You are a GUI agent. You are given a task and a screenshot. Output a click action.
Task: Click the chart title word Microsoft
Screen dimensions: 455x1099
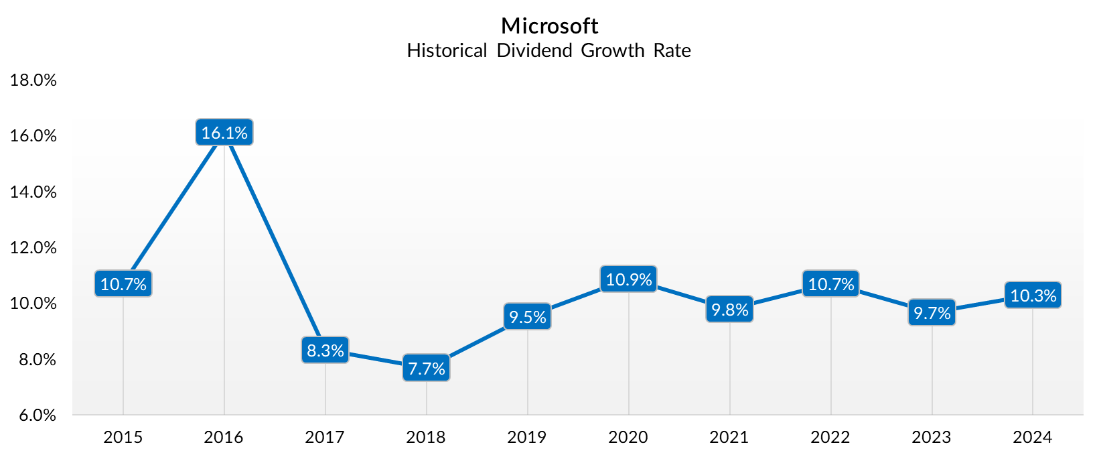pyautogui.click(x=549, y=26)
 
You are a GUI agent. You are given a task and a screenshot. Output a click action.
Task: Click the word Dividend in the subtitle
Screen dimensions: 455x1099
pyautogui.click(x=534, y=51)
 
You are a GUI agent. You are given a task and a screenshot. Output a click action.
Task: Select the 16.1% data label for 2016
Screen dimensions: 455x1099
pyautogui.click(x=224, y=133)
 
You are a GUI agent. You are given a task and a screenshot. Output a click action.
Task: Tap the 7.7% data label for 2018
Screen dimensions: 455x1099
pyautogui.click(x=427, y=369)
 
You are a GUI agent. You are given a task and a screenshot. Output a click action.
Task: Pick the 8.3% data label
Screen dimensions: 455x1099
pyautogui.click(x=325, y=350)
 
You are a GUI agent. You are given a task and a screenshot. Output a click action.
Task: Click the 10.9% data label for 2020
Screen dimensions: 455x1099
pyautogui.click(x=628, y=279)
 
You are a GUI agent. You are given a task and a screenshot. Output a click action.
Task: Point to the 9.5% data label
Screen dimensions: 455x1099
pyautogui.click(x=528, y=317)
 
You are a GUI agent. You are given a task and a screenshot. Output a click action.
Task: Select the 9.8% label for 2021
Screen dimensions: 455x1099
pyautogui.click(x=729, y=310)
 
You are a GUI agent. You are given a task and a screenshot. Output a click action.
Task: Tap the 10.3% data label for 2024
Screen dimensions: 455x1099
pyautogui.click(x=1033, y=296)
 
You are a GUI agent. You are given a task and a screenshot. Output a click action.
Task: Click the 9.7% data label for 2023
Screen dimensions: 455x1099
pyautogui.click(x=932, y=313)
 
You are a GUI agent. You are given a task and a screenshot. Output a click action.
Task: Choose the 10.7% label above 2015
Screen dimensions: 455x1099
pyautogui.click(x=123, y=284)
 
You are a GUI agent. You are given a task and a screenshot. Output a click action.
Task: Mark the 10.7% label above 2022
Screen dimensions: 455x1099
pyautogui.click(x=830, y=284)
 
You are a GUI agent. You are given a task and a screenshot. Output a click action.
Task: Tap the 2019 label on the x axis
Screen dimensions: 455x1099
pyautogui.click(x=526, y=438)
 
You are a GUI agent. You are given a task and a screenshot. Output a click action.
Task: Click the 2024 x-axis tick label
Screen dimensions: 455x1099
pyautogui.click(x=1032, y=438)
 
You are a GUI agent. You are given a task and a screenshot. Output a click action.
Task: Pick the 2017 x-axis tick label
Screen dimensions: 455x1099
pyautogui.click(x=325, y=438)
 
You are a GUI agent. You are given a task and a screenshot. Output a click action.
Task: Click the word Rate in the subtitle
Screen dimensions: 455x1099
pyautogui.click(x=672, y=51)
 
